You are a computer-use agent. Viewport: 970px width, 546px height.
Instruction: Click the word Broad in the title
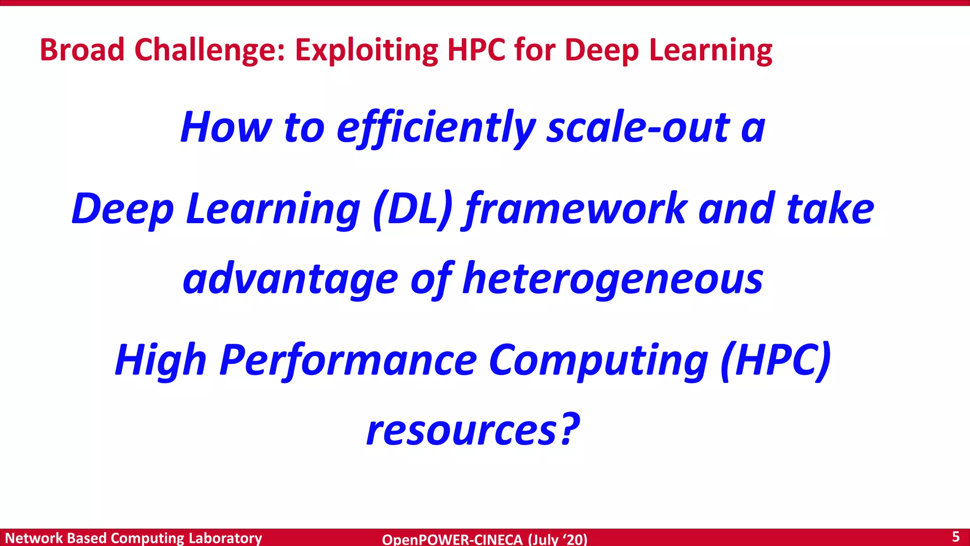tap(82, 50)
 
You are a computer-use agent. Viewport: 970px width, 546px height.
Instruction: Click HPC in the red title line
tap(476, 50)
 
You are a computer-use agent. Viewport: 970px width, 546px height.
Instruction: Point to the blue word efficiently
tap(436, 128)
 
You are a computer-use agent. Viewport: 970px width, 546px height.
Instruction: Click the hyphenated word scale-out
tap(638, 128)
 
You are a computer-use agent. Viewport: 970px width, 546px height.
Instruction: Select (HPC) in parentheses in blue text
tap(775, 360)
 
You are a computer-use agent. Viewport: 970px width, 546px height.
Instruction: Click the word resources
tap(462, 431)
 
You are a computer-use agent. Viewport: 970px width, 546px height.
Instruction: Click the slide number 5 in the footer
tap(955, 537)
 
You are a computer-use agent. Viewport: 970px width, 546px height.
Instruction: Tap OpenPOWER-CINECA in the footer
tap(452, 539)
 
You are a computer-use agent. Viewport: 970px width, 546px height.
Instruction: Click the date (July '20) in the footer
tap(557, 539)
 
